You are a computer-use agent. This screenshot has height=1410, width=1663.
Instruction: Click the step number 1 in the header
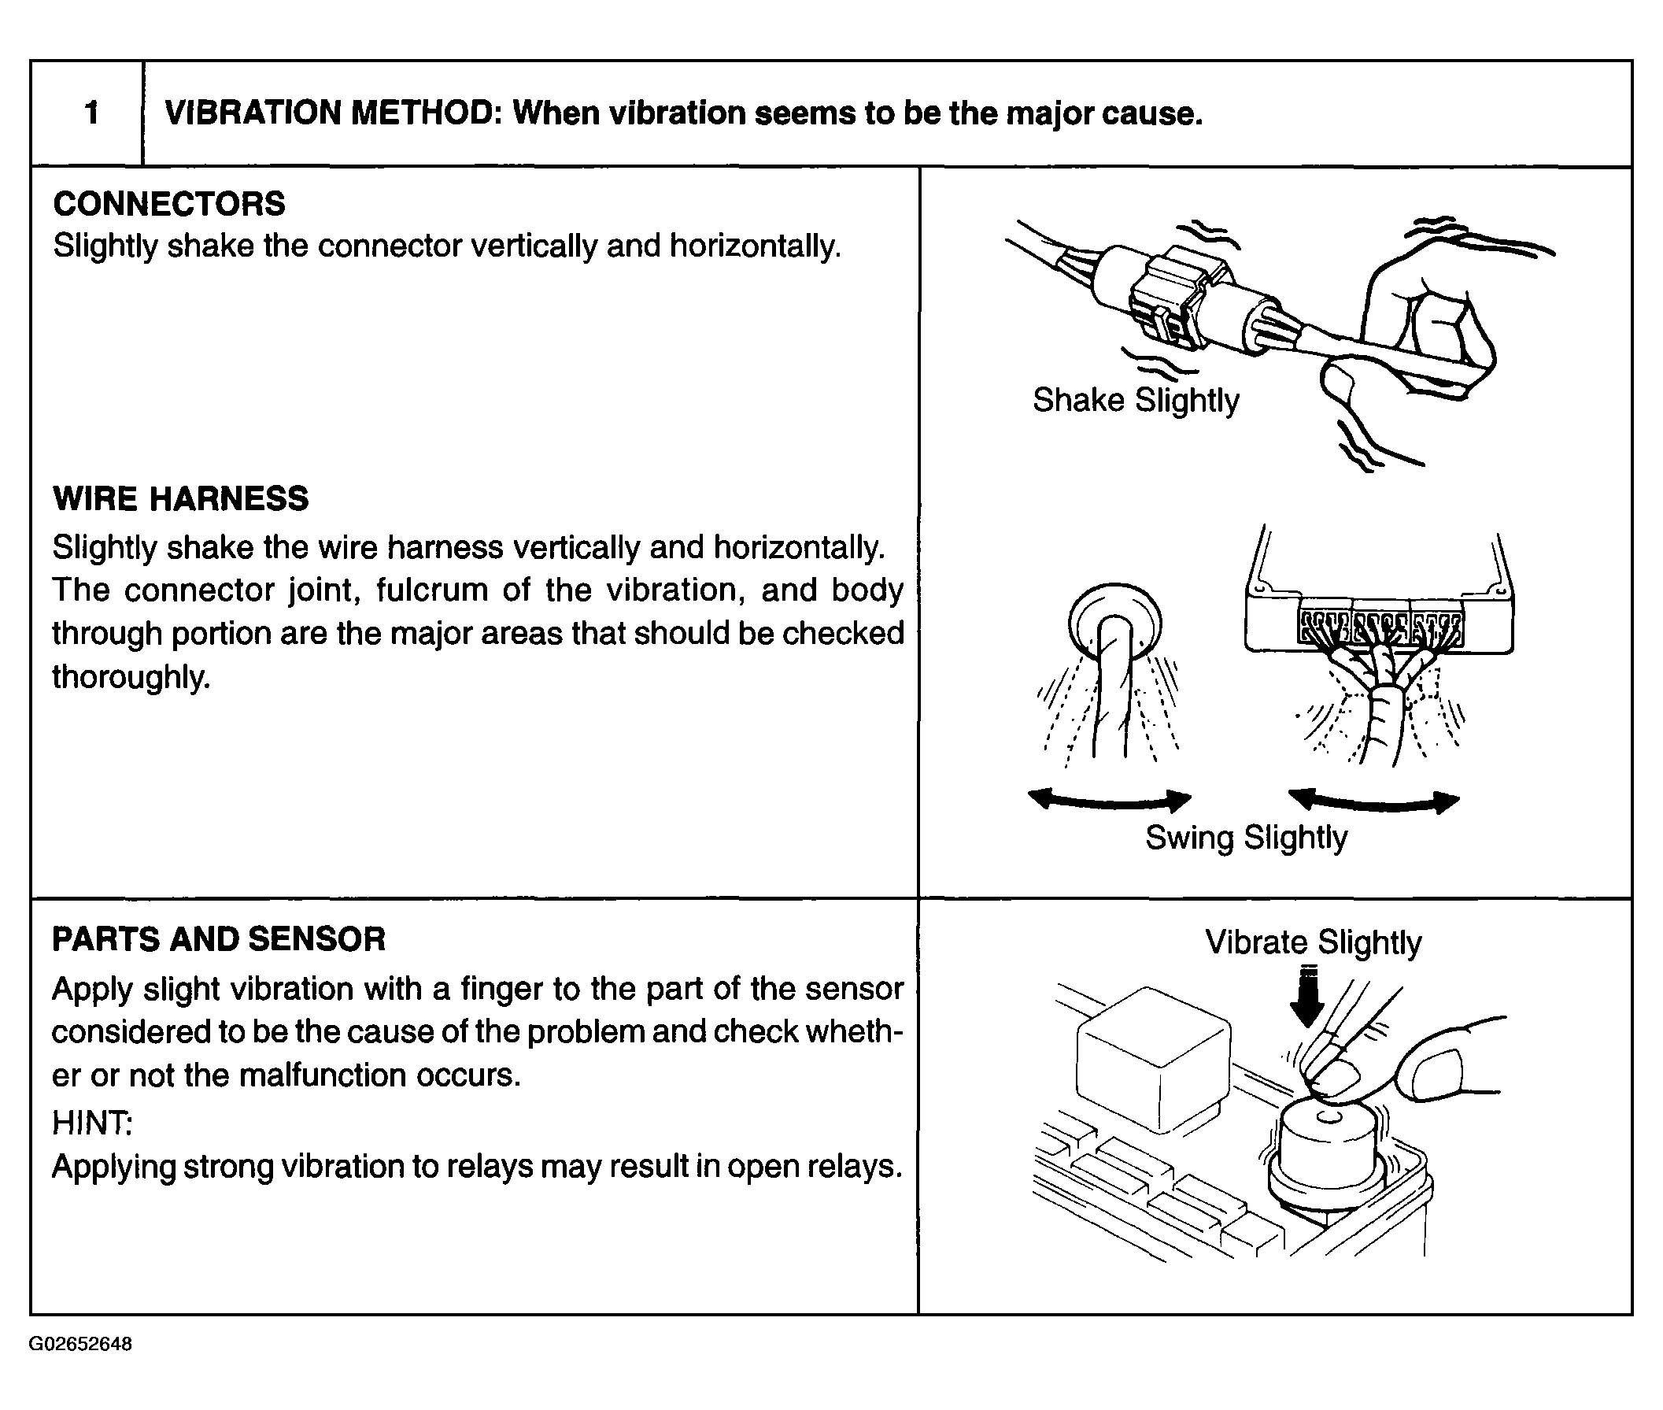92,113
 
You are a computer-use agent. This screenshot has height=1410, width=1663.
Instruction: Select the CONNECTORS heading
168,204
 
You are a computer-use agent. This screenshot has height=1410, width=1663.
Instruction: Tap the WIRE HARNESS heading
180,499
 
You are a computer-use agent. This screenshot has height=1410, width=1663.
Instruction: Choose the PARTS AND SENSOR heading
219,938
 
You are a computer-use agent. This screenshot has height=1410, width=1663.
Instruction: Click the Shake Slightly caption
1136,400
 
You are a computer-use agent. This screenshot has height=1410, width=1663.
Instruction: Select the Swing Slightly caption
1246,838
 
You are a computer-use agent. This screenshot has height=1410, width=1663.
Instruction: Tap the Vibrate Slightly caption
1313,942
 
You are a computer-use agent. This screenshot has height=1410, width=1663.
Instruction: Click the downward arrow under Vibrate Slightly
1307,998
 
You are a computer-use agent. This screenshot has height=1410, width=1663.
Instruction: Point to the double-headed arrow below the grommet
1109,799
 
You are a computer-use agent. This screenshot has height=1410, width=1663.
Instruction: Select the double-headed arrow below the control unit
1374,801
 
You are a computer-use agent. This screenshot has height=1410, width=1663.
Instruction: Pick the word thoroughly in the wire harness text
131,676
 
